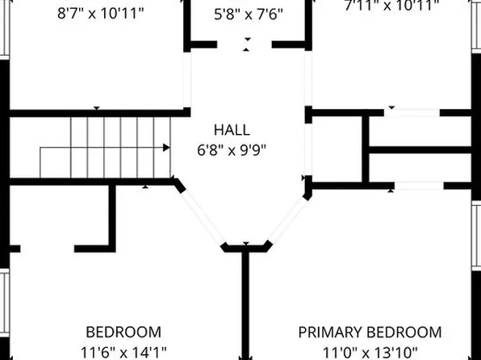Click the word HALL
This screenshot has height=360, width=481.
(x=231, y=130)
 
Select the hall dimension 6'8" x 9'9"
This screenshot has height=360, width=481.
(x=231, y=149)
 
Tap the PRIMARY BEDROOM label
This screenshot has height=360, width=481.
(x=370, y=332)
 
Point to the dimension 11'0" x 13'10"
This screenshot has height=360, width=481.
(x=370, y=351)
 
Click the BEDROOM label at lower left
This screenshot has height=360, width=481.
(x=123, y=332)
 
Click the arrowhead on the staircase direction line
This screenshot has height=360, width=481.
(x=166, y=148)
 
